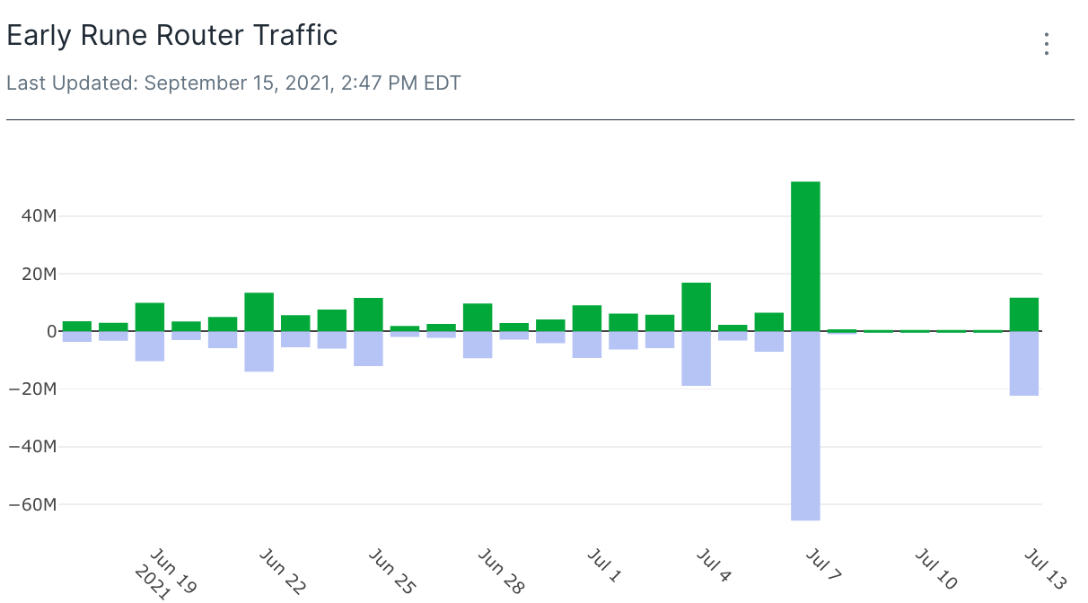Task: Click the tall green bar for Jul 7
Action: click(805, 256)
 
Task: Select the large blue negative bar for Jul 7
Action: click(805, 425)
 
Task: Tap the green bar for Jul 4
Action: click(696, 307)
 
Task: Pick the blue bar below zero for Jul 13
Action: click(1024, 363)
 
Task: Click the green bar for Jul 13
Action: click(1024, 314)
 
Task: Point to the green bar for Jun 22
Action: click(259, 311)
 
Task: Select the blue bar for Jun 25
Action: click(368, 348)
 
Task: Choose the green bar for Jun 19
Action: click(150, 317)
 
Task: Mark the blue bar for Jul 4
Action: click(696, 358)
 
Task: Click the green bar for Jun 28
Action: click(478, 317)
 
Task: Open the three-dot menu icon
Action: click(1046, 44)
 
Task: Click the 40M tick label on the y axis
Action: click(38, 216)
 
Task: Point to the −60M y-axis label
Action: click(32, 504)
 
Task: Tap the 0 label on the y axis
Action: click(52, 332)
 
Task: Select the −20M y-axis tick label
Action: click(32, 389)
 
